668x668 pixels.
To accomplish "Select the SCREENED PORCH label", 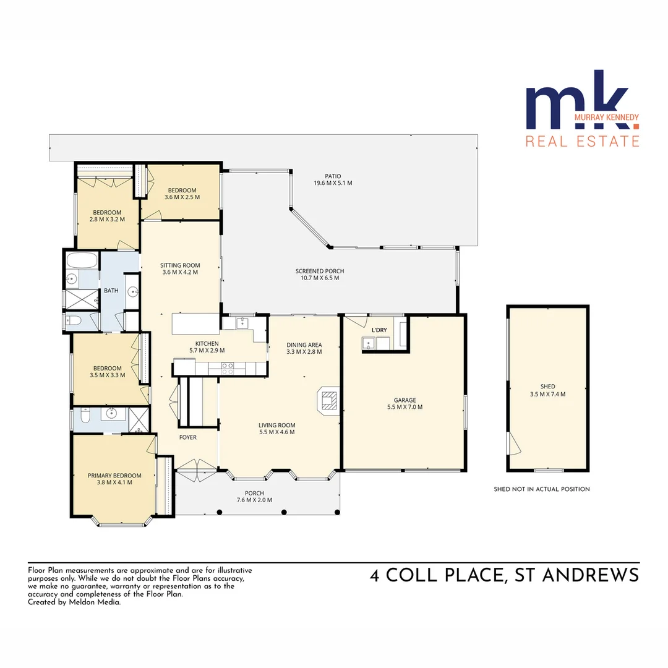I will (319, 271).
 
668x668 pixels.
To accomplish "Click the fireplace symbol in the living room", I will (327, 400).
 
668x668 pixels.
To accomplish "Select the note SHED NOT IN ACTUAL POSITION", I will (541, 489).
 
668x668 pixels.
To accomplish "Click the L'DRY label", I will (379, 330).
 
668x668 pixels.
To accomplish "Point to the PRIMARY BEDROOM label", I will (114, 476).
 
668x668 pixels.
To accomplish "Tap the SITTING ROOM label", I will (180, 265).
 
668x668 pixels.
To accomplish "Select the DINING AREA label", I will (304, 345).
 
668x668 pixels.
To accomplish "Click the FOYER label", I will (187, 437).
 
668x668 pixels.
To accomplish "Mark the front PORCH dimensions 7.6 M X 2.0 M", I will (254, 500).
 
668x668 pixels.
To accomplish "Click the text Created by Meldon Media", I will (74, 602).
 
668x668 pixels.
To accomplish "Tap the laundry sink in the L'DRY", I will (370, 343).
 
